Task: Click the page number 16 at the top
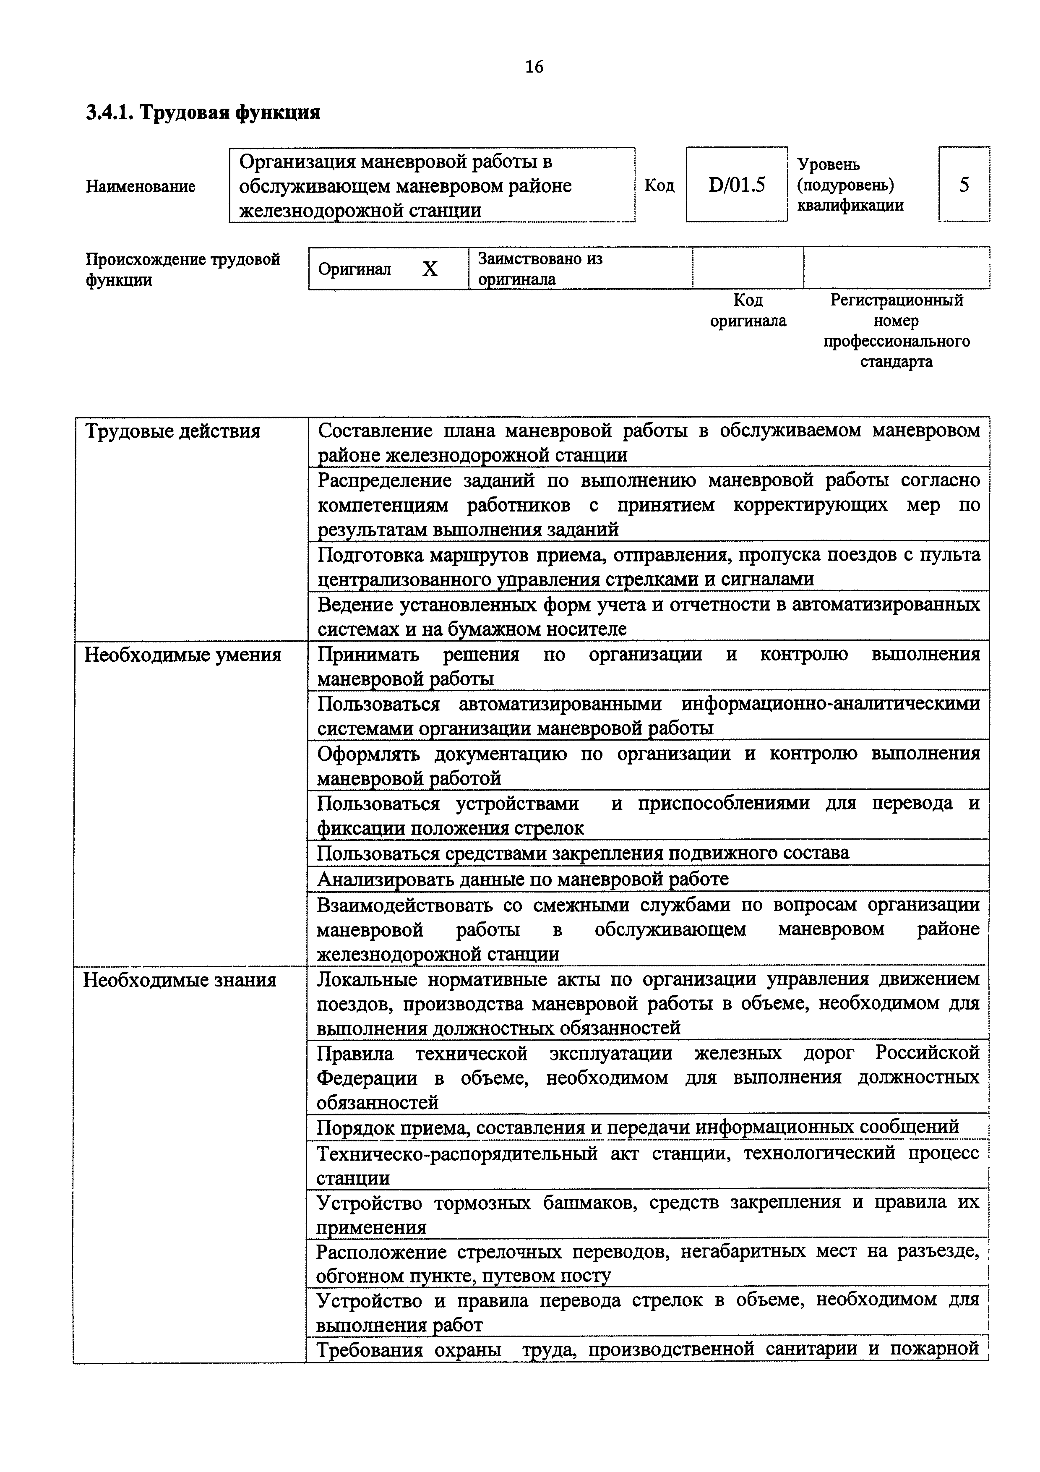click(534, 67)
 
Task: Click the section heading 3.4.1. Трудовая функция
click(203, 113)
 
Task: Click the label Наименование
click(141, 187)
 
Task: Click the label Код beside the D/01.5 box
click(659, 186)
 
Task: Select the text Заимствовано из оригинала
click(540, 269)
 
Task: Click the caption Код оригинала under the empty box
click(748, 310)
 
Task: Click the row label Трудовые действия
click(172, 431)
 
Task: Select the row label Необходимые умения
click(182, 655)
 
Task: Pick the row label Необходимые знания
click(180, 980)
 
